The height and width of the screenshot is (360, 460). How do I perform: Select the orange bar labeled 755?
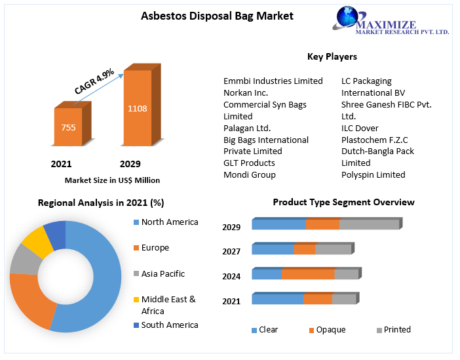point(68,127)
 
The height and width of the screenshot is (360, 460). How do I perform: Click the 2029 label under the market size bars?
point(130,164)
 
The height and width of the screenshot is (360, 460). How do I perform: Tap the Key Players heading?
point(332,57)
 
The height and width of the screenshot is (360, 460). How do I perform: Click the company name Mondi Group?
point(250,175)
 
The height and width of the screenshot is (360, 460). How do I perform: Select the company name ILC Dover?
point(360,129)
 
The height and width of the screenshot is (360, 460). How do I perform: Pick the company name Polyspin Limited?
point(373,175)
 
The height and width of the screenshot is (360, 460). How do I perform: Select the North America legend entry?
point(169,222)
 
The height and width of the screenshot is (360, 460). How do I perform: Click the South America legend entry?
point(169,325)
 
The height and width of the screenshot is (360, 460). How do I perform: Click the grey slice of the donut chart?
point(24,260)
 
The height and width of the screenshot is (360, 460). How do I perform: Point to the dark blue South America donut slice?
point(55,233)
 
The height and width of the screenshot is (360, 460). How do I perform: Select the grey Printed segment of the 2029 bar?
point(369,225)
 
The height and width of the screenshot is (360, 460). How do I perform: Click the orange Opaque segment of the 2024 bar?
point(308,274)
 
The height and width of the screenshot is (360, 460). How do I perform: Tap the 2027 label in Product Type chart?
point(231,252)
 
